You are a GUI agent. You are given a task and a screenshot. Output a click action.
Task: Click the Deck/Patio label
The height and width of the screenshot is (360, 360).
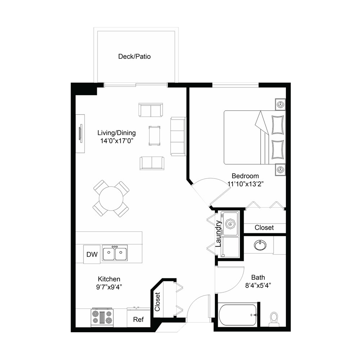tap(134, 57)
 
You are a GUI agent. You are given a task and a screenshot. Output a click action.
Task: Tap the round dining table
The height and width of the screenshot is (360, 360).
tap(111, 198)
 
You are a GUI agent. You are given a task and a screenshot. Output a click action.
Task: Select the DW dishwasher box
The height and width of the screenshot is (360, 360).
tap(92, 254)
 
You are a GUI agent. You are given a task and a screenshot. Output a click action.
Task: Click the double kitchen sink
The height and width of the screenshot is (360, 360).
tap(115, 253)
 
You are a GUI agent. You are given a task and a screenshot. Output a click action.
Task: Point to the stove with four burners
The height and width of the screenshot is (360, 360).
tap(102, 317)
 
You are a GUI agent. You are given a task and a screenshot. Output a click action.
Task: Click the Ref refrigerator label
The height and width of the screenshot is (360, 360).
tap(139, 319)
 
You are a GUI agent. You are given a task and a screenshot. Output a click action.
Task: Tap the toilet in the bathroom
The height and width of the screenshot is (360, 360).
tap(274, 319)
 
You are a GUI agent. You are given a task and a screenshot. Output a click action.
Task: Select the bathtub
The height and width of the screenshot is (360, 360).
tap(238, 315)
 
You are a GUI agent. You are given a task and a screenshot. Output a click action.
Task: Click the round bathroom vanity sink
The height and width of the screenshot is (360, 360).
tap(260, 245)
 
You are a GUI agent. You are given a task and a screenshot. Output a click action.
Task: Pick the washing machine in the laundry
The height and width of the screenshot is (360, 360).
tap(230, 224)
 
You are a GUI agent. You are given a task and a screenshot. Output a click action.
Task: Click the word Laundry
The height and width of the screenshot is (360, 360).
tap(219, 234)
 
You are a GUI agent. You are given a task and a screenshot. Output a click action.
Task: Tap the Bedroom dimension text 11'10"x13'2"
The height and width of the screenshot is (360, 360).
tap(245, 184)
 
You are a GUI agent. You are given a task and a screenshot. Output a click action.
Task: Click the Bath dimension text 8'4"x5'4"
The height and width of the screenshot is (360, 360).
tap(258, 285)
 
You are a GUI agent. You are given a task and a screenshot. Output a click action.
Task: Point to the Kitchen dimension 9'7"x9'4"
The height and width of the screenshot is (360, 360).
tap(109, 287)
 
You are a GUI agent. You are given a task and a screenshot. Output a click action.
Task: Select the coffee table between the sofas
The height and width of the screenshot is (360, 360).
tap(154, 135)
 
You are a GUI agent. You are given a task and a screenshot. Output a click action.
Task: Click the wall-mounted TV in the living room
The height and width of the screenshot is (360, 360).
tap(81, 134)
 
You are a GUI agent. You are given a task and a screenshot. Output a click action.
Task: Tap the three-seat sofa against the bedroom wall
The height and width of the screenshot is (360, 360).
tap(178, 136)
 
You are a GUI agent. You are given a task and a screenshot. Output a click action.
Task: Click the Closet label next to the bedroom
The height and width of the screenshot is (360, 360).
tap(264, 228)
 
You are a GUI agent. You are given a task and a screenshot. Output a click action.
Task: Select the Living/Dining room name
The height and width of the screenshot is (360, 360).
tap(117, 133)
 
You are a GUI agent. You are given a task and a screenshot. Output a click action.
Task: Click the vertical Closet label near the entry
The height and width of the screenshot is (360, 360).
tap(157, 302)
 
